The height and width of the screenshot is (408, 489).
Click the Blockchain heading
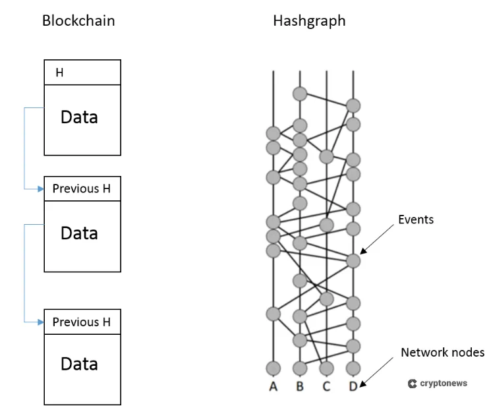point(78,20)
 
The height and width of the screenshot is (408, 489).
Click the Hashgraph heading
point(309,20)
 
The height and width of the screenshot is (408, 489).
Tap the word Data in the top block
point(79,117)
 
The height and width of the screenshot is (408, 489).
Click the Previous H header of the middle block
point(82,189)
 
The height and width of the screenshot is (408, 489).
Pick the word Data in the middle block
point(79,233)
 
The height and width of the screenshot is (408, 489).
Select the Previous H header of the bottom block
point(82,322)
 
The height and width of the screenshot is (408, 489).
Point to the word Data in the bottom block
point(79,364)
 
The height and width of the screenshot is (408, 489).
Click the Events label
point(416,219)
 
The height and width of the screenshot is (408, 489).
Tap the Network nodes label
point(442,353)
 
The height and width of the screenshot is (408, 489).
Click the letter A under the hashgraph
point(273,386)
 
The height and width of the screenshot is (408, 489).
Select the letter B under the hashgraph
point(300,386)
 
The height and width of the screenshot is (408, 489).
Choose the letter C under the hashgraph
point(326,386)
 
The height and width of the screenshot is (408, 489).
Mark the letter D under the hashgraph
point(353,386)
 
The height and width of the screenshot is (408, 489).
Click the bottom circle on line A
point(273,368)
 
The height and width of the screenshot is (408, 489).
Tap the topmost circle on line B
point(300,93)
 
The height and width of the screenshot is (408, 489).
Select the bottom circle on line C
point(326,368)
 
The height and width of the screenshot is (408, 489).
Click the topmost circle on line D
point(353,105)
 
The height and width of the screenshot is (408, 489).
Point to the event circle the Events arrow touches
point(353,261)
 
